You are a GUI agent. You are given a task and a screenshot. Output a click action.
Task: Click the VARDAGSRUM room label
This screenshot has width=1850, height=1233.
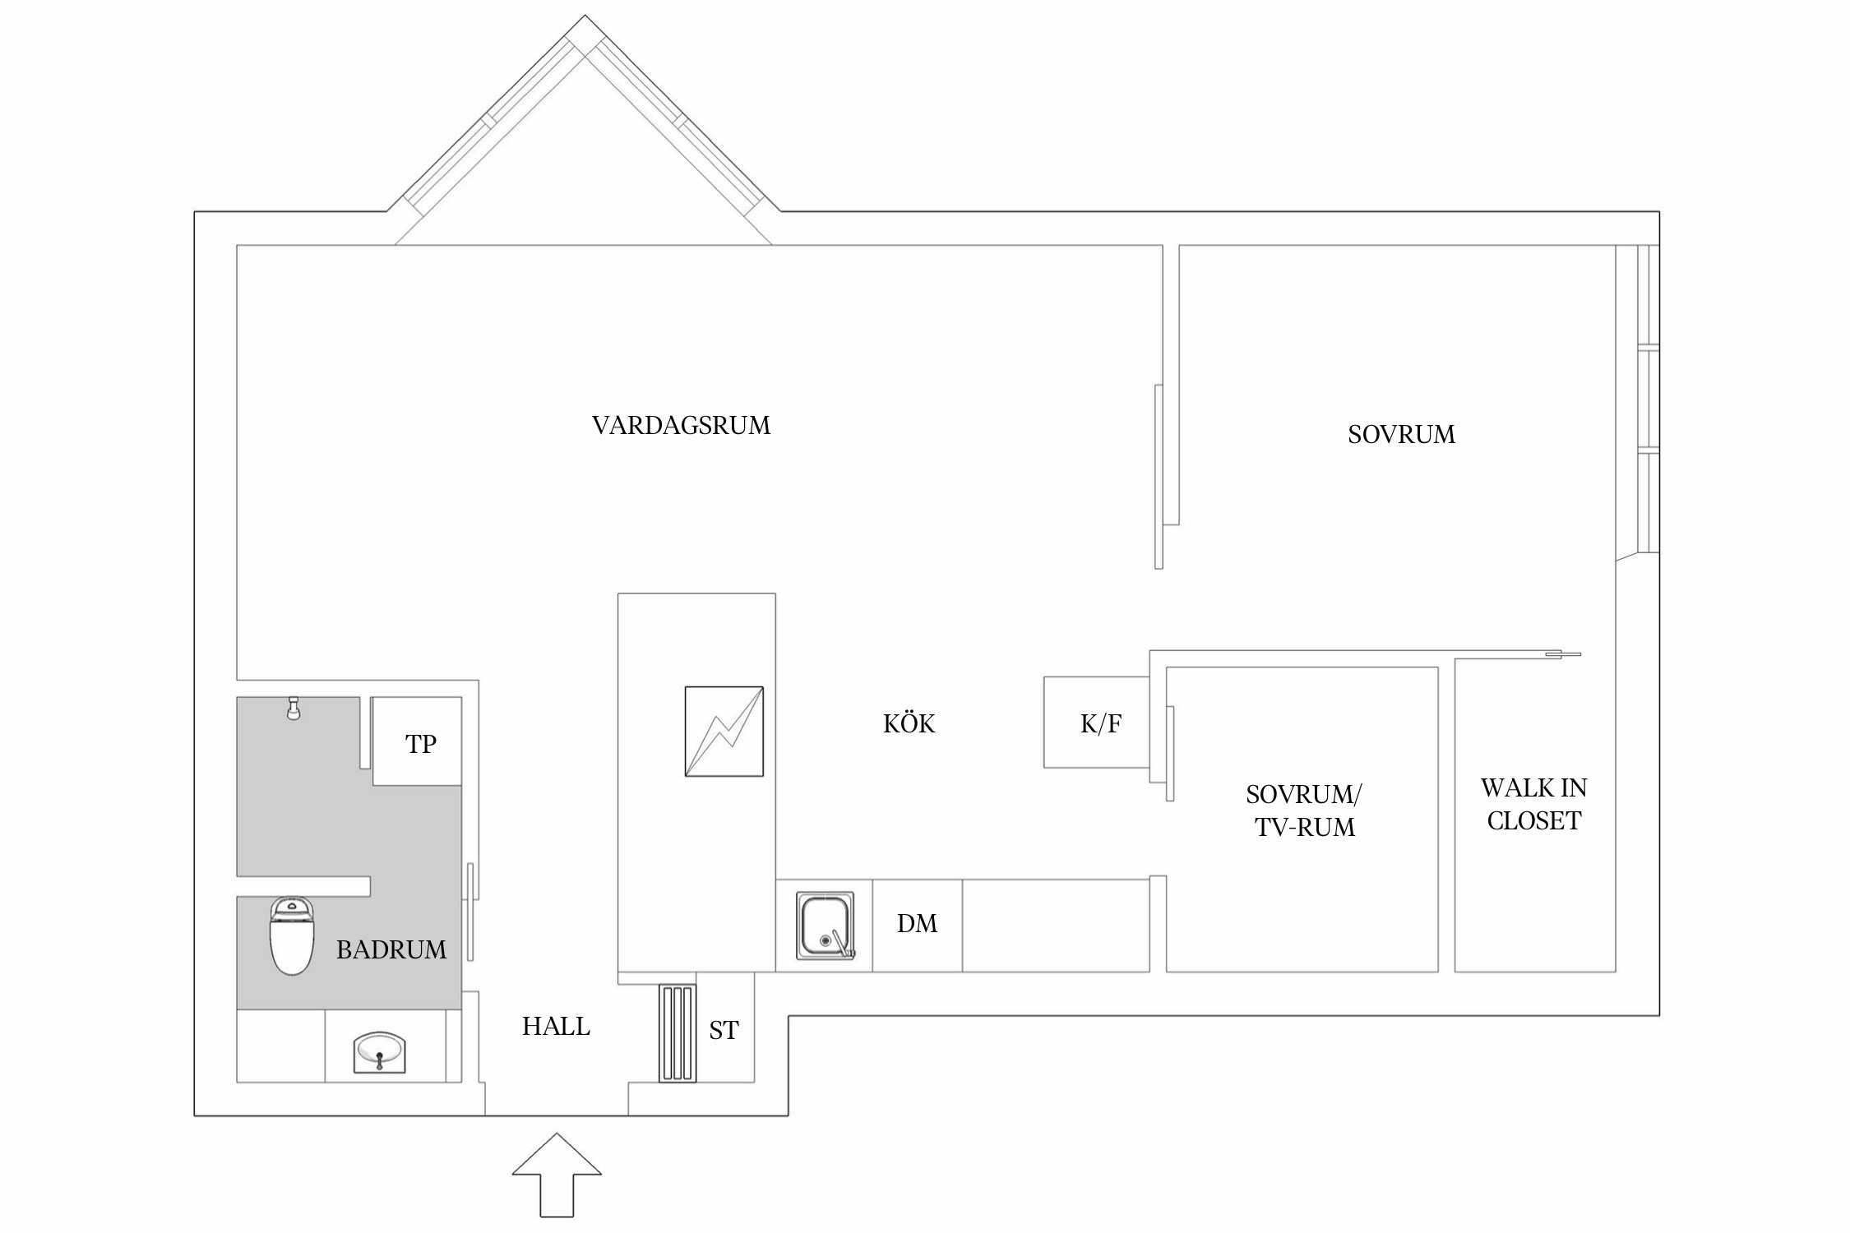click(x=681, y=426)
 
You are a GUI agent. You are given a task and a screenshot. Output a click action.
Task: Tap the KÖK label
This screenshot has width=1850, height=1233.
click(x=909, y=723)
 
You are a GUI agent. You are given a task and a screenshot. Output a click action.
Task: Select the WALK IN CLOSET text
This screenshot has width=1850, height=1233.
click(x=1533, y=804)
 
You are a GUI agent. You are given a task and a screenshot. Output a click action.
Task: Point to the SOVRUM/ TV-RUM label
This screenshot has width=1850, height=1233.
click(x=1304, y=810)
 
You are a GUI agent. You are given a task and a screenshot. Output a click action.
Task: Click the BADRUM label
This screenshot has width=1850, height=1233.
click(x=391, y=950)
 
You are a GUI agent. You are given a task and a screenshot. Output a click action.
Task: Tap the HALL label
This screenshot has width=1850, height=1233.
click(x=556, y=1027)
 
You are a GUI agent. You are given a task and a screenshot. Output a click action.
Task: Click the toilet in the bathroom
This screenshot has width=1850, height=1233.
click(x=292, y=936)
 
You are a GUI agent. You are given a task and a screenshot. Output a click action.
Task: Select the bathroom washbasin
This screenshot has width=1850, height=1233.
click(x=379, y=1052)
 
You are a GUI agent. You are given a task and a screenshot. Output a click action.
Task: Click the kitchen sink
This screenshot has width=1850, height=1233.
click(x=826, y=926)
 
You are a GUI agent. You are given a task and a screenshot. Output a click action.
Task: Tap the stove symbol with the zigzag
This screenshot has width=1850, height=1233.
click(x=724, y=732)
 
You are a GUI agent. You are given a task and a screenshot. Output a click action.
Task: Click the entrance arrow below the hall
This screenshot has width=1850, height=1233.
click(x=557, y=1175)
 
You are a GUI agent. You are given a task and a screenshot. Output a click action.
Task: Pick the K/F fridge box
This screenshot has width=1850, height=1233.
click(x=1097, y=723)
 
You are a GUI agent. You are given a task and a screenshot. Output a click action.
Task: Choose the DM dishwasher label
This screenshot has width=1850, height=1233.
click(x=917, y=924)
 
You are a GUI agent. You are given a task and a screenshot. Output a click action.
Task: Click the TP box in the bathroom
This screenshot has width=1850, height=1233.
click(x=417, y=741)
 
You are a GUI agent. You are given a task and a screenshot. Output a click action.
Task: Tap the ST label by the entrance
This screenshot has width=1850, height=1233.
click(x=724, y=1031)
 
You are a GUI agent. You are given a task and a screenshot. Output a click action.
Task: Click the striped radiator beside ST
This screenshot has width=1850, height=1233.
click(x=678, y=1033)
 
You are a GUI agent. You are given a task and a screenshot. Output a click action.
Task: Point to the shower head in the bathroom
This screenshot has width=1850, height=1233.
click(x=293, y=709)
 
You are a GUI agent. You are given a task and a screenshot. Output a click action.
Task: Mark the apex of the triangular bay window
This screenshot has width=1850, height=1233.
click(x=585, y=15)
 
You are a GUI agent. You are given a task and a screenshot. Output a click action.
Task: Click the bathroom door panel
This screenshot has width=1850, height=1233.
click(x=471, y=912)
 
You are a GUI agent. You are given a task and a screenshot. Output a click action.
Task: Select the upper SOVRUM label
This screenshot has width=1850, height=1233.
click(x=1401, y=435)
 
